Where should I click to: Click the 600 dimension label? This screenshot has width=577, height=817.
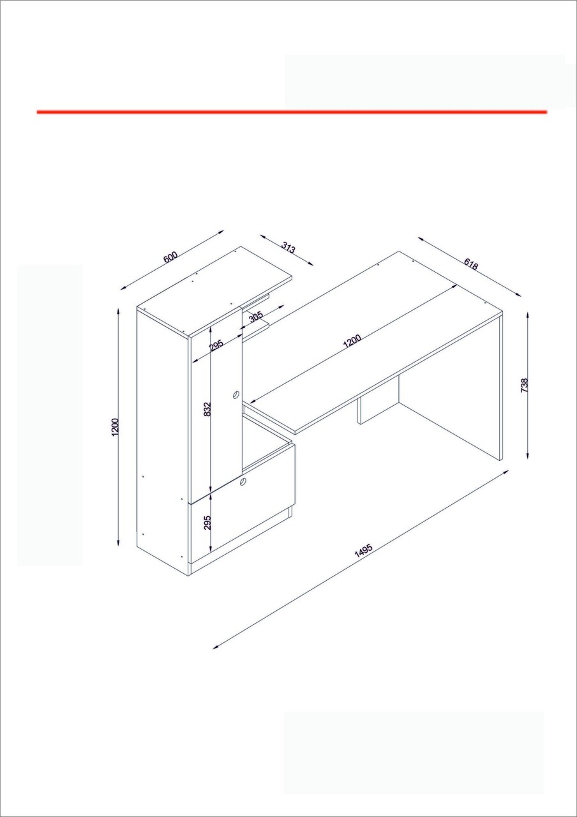point(170,257)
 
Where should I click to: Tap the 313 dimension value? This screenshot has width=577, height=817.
point(288,248)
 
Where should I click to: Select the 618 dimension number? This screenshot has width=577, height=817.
point(471,264)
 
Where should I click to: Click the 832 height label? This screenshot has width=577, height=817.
point(207,409)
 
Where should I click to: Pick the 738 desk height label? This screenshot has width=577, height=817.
point(525,385)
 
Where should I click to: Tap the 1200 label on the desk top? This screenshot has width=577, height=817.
point(352,341)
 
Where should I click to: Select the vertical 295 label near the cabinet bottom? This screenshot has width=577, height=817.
point(207,522)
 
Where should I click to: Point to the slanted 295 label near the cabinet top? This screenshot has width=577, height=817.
point(216,345)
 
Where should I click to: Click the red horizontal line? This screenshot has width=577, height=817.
point(292,112)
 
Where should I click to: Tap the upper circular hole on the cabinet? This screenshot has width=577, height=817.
point(236,394)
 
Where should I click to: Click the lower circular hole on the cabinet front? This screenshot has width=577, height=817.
point(242,481)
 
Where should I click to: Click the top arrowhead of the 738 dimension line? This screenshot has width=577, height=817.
point(527,315)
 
